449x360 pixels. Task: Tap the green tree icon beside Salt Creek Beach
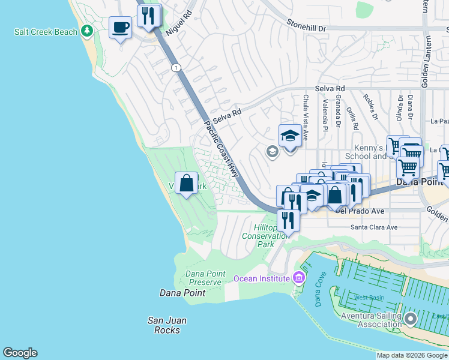pyautogui.click(x=87, y=30)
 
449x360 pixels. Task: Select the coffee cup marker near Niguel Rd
pyautogui.click(x=120, y=28)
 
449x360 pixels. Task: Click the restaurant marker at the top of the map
pyautogui.click(x=149, y=15)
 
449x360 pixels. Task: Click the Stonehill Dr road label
pyautogui.click(x=306, y=28)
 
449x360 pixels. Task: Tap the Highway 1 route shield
pyautogui.click(x=175, y=68)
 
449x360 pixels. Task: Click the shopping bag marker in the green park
pyautogui.click(x=187, y=183)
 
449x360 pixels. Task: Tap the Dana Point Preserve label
pyautogui.click(x=204, y=277)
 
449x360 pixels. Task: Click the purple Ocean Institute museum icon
pyautogui.click(x=298, y=278)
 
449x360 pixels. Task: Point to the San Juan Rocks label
pyautogui.click(x=164, y=325)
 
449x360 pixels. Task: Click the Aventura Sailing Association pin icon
pyautogui.click(x=411, y=318)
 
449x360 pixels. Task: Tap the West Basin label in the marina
pyautogui.click(x=369, y=298)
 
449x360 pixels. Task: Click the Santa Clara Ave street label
pyautogui.click(x=374, y=227)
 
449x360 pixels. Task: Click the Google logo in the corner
pyautogui.click(x=20, y=353)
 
